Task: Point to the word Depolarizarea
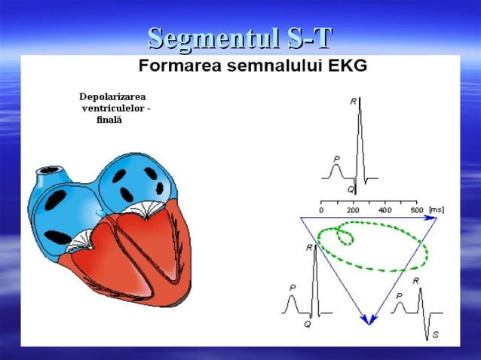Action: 112,97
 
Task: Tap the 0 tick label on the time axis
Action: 321,210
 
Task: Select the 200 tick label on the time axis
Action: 352,210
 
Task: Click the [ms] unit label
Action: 436,210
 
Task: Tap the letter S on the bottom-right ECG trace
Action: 436,334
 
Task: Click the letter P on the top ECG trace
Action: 336,159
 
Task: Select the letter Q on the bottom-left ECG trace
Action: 307,325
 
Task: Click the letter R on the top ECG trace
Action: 354,100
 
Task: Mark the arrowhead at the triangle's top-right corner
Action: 431,218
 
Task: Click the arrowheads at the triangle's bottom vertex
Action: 368,319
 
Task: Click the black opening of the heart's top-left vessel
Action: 49,170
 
